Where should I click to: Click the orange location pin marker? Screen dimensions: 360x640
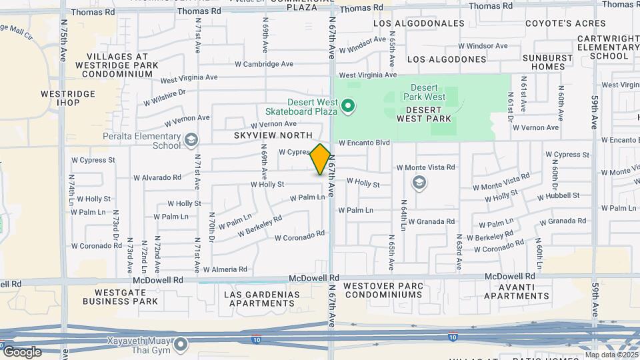tap(320, 159)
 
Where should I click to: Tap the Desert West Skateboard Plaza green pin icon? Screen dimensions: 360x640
tap(347, 106)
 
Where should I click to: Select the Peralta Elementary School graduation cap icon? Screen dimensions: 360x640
tap(191, 139)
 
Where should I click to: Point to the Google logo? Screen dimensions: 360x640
tap(22, 351)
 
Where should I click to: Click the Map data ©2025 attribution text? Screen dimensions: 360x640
tap(611, 355)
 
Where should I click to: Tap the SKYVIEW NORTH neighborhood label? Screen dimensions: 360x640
tap(264, 135)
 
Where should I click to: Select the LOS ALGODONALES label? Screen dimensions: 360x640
tap(419, 23)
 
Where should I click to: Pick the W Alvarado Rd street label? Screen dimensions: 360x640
tap(157, 177)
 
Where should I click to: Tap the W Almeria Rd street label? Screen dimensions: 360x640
tap(225, 269)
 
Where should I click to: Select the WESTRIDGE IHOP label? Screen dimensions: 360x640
tap(59, 98)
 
